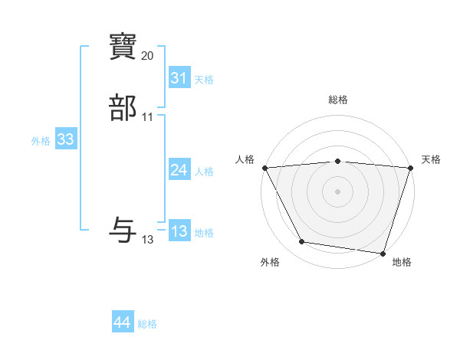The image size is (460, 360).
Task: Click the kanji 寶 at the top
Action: pos(123,47)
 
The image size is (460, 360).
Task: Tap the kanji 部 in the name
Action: pos(123,108)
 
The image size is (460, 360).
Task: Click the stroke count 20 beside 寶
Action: pos(148,56)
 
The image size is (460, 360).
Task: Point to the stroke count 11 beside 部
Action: pos(148,117)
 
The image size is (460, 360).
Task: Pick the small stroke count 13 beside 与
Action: pos(148,240)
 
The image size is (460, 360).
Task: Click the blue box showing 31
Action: pos(179,78)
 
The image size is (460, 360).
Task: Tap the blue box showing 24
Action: pos(179,170)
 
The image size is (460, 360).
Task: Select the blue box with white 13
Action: pos(179,231)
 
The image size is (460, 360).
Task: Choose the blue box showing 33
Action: pos(65,139)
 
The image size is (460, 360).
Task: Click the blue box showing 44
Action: pos(122,323)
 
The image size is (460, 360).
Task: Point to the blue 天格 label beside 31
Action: pos(204,80)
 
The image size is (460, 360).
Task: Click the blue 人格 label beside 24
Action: pos(204,172)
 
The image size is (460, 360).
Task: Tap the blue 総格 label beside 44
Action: pos(147,325)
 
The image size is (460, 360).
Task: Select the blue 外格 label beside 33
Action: pos(41,141)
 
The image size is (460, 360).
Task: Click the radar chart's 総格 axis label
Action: pos(338,100)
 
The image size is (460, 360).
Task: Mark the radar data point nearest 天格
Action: pos(409,168)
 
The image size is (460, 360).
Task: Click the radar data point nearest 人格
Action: pos(264,168)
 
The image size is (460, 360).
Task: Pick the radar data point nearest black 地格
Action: pos(383,252)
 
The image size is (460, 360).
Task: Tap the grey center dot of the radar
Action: pos(338,191)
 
